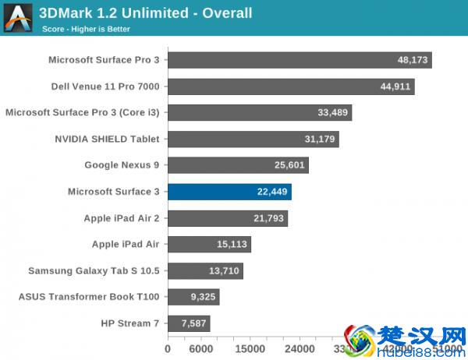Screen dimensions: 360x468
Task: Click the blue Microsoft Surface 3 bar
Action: [229, 192]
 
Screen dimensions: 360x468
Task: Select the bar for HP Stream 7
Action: [189, 323]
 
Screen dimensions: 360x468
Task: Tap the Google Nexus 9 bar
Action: [238, 165]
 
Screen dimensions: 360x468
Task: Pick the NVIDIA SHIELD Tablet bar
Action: [253, 139]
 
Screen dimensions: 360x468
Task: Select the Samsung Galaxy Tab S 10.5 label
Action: [94, 271]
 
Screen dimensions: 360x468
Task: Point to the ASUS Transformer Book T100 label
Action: [90, 298]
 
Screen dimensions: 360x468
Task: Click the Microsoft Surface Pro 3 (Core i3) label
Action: [83, 113]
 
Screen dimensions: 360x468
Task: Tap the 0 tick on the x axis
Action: [168, 348]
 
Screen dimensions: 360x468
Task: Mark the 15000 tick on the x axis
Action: [250, 348]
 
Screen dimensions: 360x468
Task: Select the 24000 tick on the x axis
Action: [299, 348]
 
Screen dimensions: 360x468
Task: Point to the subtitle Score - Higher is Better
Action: [86, 29]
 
